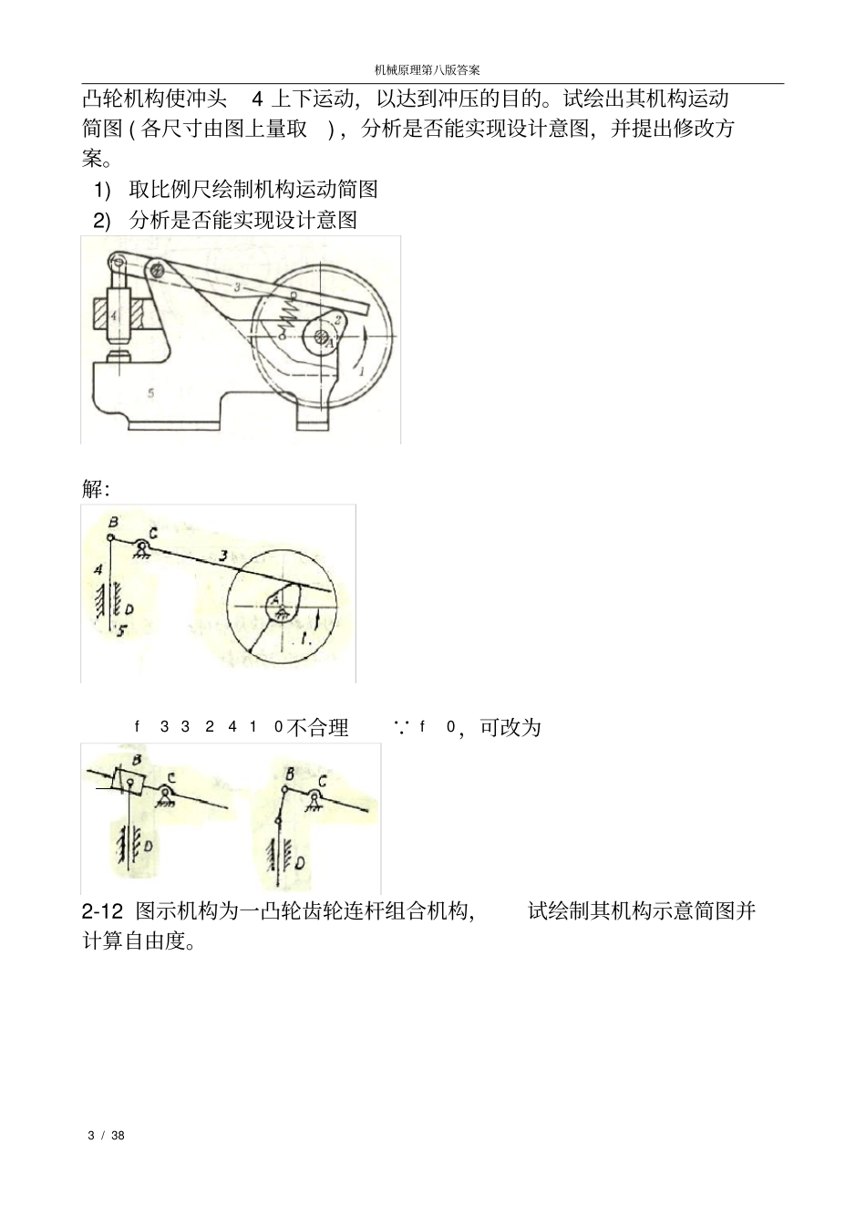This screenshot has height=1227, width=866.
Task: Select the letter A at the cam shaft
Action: pos(331,339)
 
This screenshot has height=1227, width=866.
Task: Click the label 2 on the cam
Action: pos(336,319)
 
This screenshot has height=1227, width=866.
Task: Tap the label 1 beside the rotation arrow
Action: pos(361,371)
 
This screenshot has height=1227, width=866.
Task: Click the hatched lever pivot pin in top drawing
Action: pos(159,270)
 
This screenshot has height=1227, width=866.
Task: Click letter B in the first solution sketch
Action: pos(112,522)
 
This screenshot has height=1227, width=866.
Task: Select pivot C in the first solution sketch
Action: pos(141,545)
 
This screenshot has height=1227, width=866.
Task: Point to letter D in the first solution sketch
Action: pos(129,607)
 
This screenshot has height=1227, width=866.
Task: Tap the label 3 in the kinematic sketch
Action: pos(222,554)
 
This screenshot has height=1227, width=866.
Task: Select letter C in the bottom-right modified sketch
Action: pos(322,782)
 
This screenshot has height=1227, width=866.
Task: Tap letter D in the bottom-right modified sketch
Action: pos(299,861)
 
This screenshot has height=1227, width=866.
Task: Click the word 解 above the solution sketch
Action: pos(95,489)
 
